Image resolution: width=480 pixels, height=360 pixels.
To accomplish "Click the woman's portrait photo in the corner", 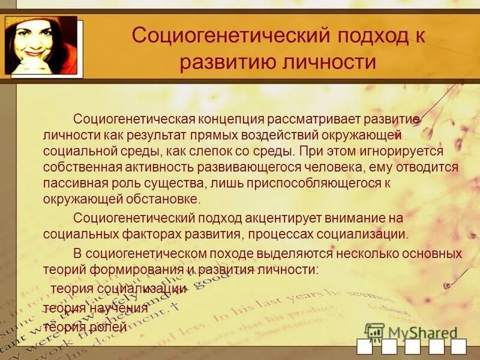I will pos(41,46).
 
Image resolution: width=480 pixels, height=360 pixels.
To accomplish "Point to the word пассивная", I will pos(73,183).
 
